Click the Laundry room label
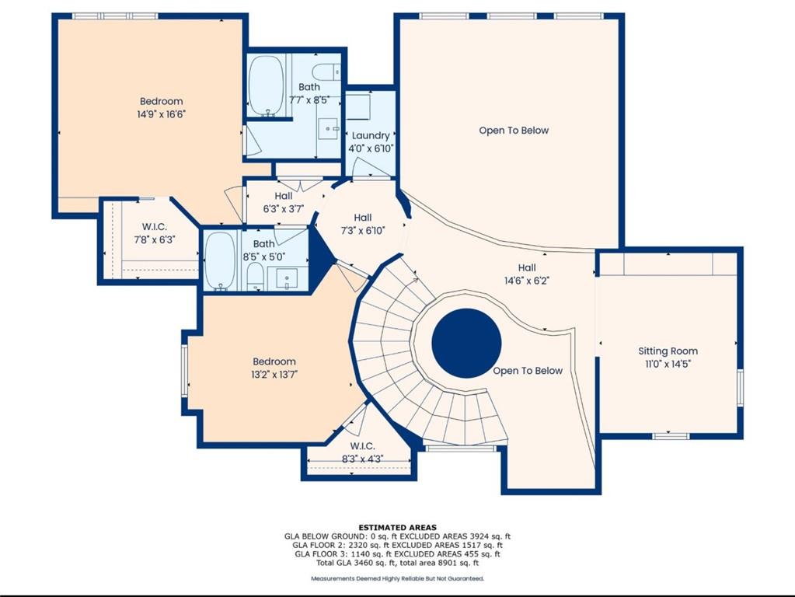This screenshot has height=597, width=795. [x=371, y=135]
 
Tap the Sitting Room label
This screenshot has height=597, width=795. [x=668, y=351]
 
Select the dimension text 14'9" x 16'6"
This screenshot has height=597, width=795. [x=161, y=114]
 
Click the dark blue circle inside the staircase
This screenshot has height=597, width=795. [x=466, y=343]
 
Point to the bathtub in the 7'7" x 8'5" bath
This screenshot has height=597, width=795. [x=266, y=86]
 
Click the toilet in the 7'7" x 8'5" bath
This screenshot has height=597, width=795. [x=326, y=72]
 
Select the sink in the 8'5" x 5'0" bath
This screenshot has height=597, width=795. [x=287, y=278]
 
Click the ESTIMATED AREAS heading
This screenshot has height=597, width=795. [x=398, y=528]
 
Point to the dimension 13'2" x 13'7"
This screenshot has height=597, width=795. [x=274, y=375]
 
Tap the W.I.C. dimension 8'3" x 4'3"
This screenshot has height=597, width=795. [x=362, y=459]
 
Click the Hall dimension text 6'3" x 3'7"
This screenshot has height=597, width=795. [x=283, y=208]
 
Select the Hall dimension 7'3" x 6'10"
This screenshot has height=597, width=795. [x=363, y=231]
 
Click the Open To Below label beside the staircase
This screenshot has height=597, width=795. [x=528, y=371]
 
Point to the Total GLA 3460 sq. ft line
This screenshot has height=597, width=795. [x=397, y=563]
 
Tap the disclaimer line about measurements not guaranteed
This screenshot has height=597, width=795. [x=398, y=578]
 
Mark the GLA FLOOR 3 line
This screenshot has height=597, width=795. [x=398, y=554]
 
